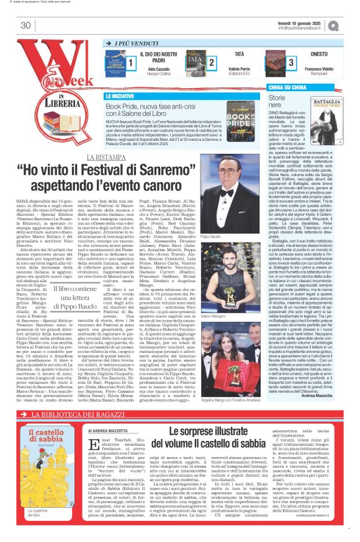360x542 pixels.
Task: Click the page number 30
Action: tap(25, 25)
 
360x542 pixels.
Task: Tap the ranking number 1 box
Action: tap(131, 63)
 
